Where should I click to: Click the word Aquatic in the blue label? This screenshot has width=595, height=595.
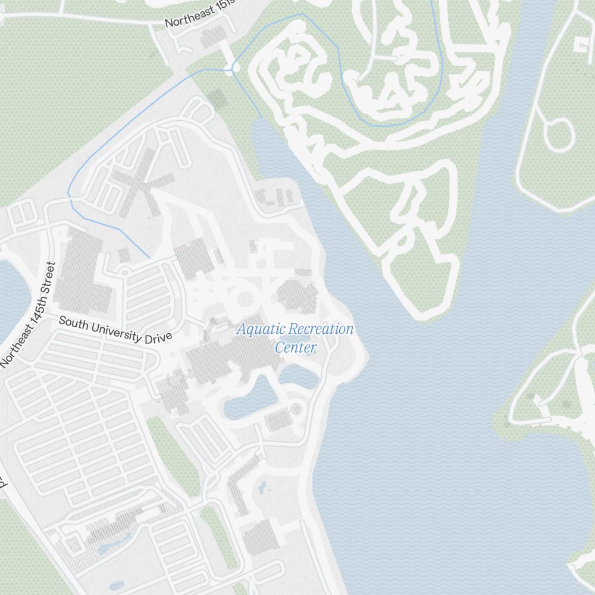[257, 329]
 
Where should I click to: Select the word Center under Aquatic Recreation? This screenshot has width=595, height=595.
[295, 347]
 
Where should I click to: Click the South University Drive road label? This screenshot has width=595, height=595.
[115, 330]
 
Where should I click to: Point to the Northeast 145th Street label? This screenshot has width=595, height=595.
[28, 314]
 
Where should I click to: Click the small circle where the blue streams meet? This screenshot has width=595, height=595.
[236, 68]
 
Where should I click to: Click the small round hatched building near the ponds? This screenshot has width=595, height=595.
[296, 409]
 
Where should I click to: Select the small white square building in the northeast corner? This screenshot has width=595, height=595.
[580, 44]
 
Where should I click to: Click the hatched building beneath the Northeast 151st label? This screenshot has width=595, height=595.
[212, 37]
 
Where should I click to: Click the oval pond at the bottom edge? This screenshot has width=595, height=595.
[117, 585]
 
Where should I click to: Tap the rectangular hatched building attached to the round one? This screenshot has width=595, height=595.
[276, 420]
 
